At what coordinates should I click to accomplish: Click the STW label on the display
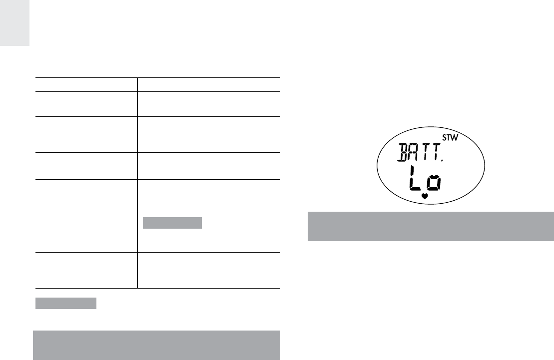(450, 138)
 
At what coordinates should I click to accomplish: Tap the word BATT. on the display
(420, 153)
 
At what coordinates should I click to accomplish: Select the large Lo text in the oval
(425, 179)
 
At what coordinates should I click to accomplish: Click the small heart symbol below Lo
(425, 196)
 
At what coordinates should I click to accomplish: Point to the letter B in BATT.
(403, 153)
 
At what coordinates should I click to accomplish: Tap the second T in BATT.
(436, 153)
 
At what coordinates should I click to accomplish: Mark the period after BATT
(442, 160)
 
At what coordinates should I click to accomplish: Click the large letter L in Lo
(415, 179)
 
